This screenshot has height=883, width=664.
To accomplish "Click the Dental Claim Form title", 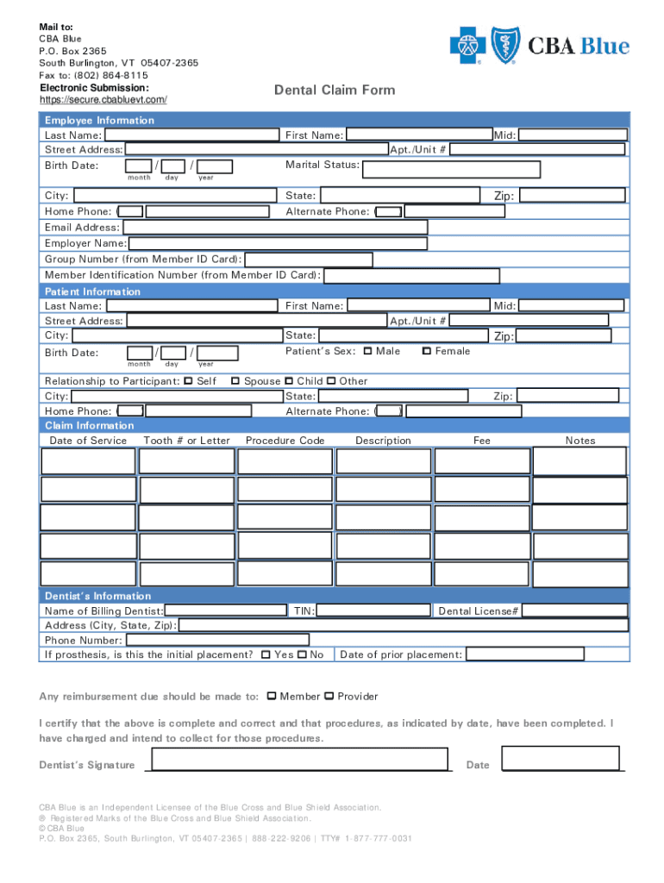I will coord(335,90).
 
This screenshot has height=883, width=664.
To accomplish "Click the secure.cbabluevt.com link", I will coord(103,100).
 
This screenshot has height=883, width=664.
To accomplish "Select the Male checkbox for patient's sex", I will coord(368,351).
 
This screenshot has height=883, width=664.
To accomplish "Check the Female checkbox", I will coord(426,351).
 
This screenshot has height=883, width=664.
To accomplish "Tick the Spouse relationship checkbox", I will coord(235,381).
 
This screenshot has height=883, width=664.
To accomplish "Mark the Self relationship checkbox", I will coord(189,381).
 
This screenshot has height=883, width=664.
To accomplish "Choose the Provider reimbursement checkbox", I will coord(329,696).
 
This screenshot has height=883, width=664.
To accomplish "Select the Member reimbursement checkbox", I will coord(272,696).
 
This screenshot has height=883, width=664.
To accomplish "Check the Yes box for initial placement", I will coord(266,654).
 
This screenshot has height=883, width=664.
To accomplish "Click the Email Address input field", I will coord(276,228).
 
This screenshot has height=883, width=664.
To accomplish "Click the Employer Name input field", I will coord(277,244).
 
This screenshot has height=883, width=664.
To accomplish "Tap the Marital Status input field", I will coord(452,169).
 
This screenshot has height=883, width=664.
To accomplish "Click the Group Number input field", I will coord(309,260).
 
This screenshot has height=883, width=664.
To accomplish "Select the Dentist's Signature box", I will coord(301,759).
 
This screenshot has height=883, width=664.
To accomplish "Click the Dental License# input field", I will coord(574,611).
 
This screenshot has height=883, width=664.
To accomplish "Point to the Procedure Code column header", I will coord(285,441).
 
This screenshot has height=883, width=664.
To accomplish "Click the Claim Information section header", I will coord(90,426).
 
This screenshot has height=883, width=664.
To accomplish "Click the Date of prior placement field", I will coord(524,654).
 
